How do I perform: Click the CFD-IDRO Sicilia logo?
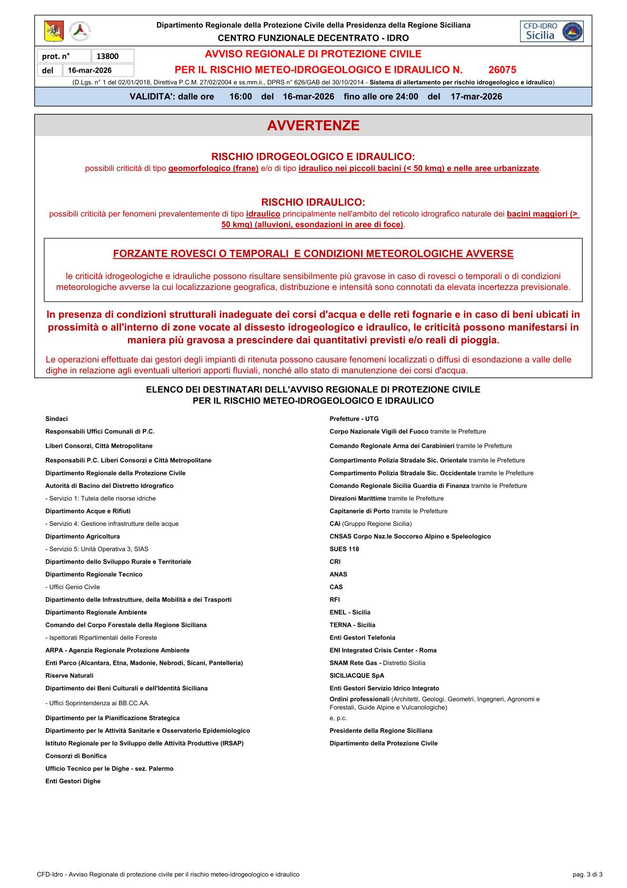[x=552, y=31]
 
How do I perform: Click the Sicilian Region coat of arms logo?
[x=54, y=31]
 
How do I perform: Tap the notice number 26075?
[x=502, y=70]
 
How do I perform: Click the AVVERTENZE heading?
[x=313, y=126]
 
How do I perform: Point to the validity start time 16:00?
[x=241, y=96]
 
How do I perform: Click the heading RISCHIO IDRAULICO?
[x=313, y=202]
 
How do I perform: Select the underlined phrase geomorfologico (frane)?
[x=213, y=169]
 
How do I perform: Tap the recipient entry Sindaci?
[x=56, y=419]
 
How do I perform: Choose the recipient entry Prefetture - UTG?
[x=354, y=419]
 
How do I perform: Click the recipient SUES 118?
[x=344, y=549]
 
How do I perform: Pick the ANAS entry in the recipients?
[x=338, y=574]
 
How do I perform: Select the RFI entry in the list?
[x=335, y=600]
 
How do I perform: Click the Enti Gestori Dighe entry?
[x=73, y=781]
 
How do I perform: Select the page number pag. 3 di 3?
[x=587, y=874]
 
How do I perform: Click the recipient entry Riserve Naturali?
[x=70, y=675]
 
